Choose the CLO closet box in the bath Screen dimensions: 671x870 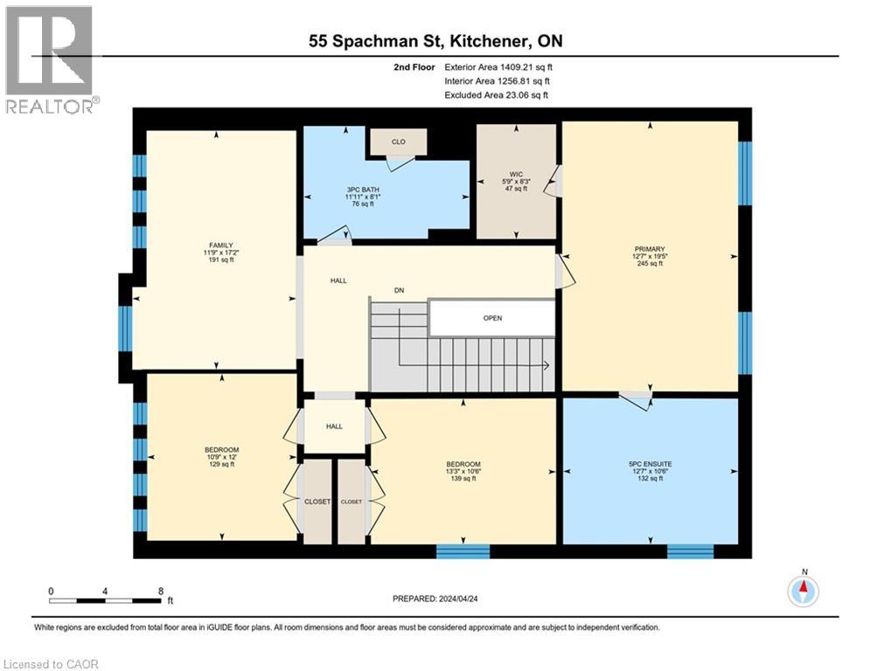click(398, 142)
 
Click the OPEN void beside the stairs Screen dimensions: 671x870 click(492, 318)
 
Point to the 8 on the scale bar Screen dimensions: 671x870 click(161, 591)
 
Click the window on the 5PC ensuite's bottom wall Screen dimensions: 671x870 click(691, 551)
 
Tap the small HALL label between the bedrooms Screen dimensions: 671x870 click(335, 426)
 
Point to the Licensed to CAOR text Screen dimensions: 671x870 click(52, 664)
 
